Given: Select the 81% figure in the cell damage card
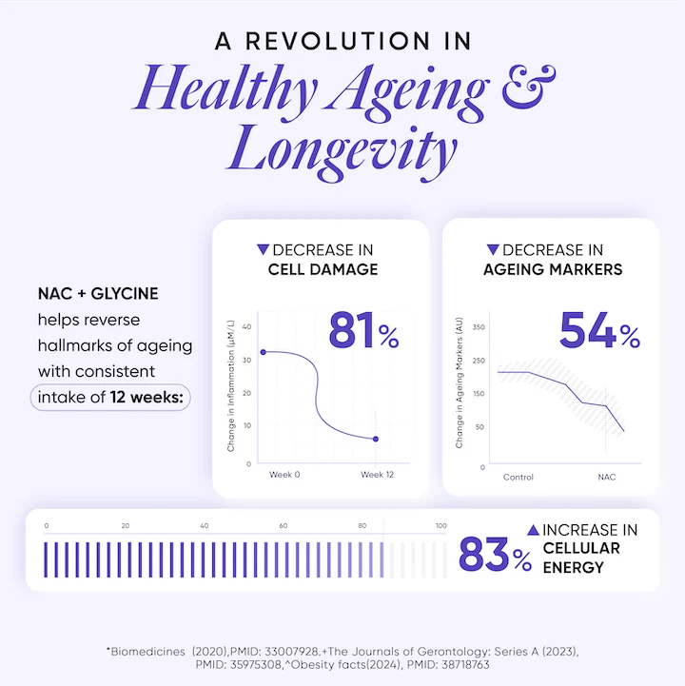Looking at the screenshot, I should [364, 331].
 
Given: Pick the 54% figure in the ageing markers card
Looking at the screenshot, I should [599, 331].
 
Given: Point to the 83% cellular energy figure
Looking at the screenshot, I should [495, 556].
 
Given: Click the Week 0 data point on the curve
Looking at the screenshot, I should [263, 352].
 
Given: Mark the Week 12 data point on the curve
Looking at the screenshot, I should [376, 439].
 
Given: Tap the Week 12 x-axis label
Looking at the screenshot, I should [377, 475].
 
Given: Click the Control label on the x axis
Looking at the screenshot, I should [518, 477].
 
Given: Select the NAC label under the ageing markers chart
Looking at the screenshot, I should [606, 477].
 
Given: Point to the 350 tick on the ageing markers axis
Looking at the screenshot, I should [479, 327].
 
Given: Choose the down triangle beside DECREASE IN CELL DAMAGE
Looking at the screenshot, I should [263, 250].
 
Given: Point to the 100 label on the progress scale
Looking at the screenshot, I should [440, 526].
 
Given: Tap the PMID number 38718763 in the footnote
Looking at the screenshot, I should [458, 665].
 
